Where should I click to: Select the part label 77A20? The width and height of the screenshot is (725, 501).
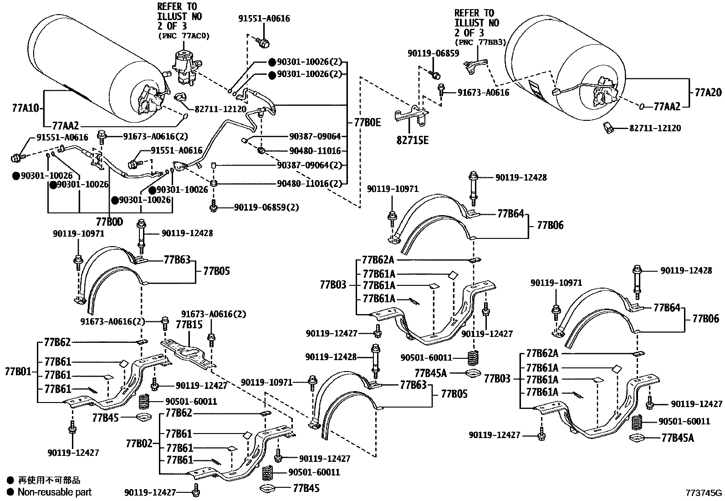pos(708,93)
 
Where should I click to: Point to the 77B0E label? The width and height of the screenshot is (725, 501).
pos(367,122)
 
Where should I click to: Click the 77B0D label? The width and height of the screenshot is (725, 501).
pos(109,222)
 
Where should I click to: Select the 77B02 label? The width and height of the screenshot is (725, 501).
pos(139,443)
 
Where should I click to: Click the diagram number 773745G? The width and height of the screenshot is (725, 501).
pos(704,493)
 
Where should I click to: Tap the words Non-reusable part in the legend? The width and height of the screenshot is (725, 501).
pos(54,492)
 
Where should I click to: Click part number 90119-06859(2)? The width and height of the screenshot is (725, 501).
pos(266,207)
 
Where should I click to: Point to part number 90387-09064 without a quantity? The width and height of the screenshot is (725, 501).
pos(315,136)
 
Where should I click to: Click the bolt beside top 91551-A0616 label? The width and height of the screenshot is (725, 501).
pos(263,42)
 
